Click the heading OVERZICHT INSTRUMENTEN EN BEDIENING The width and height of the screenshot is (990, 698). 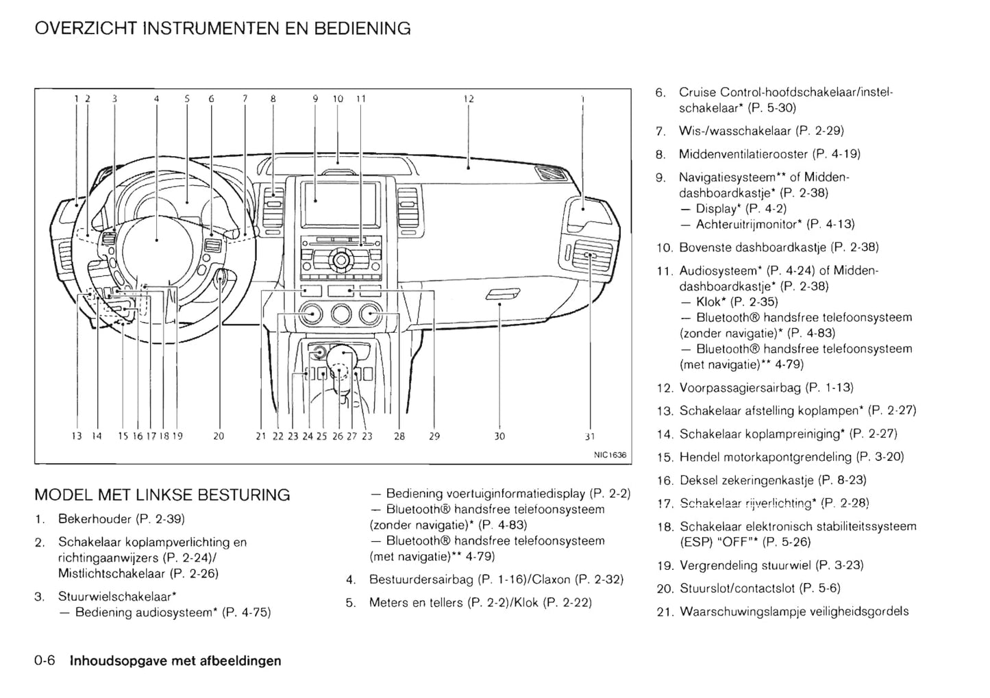coord(223,29)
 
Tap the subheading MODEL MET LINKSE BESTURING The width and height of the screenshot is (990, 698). coord(162,495)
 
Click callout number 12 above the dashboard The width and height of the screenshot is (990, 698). coord(469,99)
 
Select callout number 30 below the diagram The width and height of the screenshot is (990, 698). coord(499,436)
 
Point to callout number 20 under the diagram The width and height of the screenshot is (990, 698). coord(219,436)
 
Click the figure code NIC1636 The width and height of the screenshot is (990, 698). coord(610,455)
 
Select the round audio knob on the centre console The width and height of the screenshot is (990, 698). coord(341,260)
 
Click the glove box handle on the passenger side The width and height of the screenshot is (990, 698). coord(502,295)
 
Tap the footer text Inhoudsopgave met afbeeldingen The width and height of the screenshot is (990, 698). coord(175,661)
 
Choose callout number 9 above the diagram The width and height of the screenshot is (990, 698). coord(315,99)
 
